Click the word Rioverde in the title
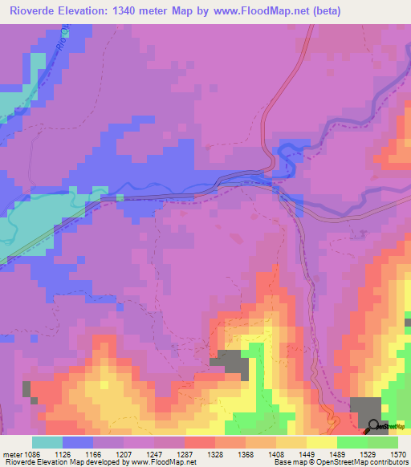[29, 11]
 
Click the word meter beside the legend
[12, 454]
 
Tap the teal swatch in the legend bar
[47, 442]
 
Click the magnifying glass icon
[374, 426]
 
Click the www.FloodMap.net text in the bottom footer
[164, 462]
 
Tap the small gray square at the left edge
[27, 389]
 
